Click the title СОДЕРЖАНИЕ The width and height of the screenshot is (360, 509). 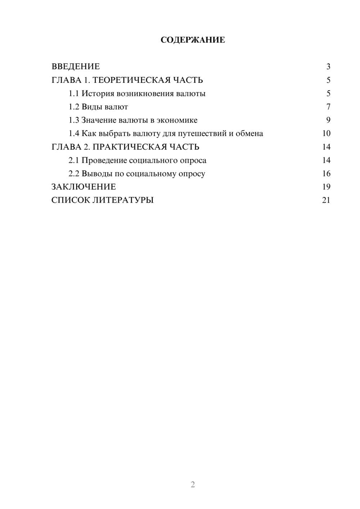[x=193, y=40]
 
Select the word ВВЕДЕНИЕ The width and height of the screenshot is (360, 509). [x=76, y=67]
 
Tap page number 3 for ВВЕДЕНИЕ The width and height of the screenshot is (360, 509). [x=328, y=67]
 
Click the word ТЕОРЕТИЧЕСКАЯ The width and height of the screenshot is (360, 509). [x=131, y=80]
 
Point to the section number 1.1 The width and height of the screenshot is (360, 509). [x=74, y=94]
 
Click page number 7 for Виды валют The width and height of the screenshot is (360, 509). [x=328, y=107]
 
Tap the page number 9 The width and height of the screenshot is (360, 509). [x=328, y=120]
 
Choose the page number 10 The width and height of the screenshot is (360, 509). [x=326, y=134]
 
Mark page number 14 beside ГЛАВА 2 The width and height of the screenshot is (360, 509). [x=326, y=147]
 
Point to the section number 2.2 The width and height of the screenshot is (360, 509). [x=74, y=174]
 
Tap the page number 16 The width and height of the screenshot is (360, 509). [x=326, y=174]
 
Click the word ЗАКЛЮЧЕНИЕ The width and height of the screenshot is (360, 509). [x=84, y=187]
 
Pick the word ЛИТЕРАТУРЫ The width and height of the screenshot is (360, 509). [x=123, y=200]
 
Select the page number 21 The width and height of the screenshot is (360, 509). [x=326, y=200]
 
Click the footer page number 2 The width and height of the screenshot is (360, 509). [x=193, y=485]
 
